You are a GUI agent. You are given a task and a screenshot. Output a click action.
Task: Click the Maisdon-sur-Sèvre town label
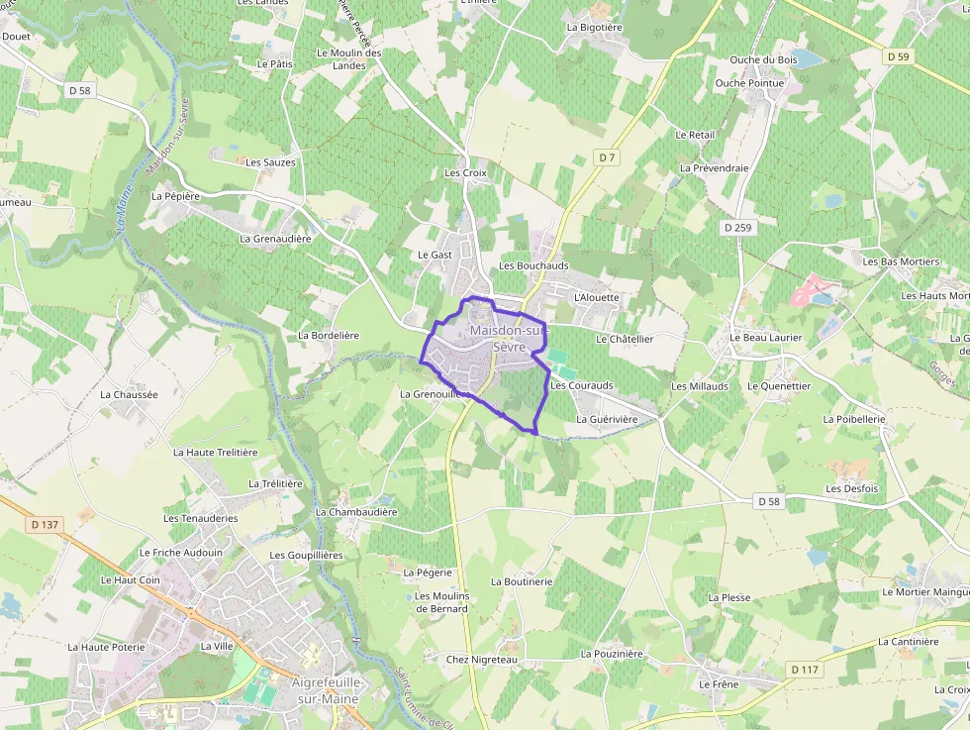(506, 338)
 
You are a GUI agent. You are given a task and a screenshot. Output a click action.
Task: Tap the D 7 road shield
(607, 157)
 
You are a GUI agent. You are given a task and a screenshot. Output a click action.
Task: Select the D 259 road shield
(737, 228)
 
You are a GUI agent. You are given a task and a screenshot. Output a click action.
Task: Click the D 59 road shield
(898, 56)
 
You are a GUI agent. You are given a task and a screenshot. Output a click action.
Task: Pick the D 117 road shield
(806, 670)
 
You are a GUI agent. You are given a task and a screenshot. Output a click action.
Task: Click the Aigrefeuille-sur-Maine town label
(325, 690)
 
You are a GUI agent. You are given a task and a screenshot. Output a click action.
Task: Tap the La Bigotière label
(595, 28)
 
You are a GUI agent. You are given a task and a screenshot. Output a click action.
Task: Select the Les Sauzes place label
(270, 162)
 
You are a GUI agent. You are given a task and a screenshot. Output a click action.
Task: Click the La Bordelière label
(329, 336)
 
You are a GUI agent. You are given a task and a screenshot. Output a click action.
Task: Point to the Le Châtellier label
(625, 339)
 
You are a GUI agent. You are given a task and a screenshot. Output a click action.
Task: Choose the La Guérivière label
(607, 419)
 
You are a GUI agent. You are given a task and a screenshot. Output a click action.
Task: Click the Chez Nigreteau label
(482, 660)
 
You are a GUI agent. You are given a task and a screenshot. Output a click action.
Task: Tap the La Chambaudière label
(356, 512)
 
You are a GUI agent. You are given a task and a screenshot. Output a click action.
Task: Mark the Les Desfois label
(852, 489)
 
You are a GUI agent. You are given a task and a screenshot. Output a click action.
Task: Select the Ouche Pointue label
(749, 83)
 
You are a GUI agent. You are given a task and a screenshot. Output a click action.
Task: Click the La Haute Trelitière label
(215, 452)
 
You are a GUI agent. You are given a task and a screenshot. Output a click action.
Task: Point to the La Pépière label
(175, 196)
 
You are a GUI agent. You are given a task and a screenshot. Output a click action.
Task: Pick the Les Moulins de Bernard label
(441, 602)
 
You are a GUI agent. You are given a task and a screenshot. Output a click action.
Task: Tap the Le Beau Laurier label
(765, 338)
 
